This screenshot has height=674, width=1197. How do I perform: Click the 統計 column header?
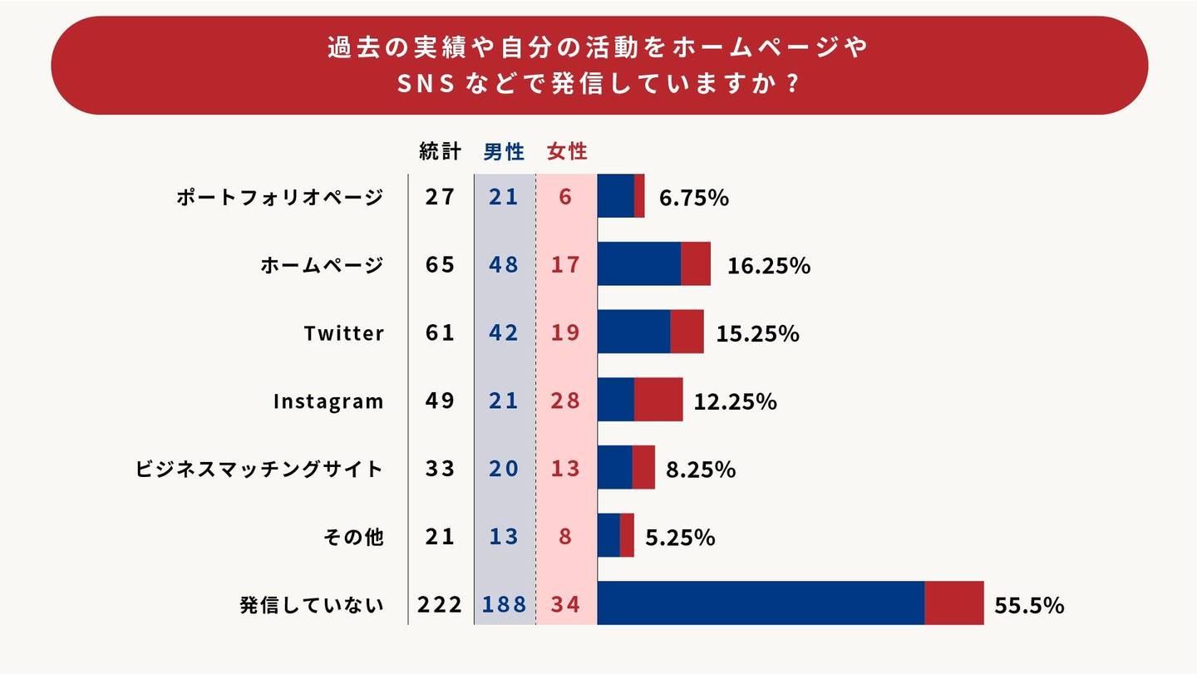(440, 152)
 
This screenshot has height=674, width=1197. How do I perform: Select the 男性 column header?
(505, 152)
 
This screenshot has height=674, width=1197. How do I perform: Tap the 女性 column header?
(567, 152)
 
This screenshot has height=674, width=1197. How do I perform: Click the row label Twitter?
(344, 333)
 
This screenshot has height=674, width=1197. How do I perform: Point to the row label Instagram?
(328, 401)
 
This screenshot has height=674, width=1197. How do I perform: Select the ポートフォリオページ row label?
(280, 198)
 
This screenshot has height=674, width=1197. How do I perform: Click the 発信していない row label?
(312, 605)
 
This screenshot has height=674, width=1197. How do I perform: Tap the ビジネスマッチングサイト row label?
(259, 469)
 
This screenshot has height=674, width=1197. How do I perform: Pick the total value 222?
(440, 604)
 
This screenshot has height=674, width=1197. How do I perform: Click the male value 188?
(505, 604)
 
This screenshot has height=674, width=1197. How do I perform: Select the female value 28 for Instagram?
(566, 401)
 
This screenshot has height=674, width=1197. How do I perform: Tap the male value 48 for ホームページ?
(505, 265)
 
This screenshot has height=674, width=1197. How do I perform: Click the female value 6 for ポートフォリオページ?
(566, 198)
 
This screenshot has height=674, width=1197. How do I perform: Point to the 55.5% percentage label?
(1029, 605)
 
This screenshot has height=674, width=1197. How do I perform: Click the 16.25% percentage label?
(769, 266)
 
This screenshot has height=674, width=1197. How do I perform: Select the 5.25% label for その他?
(680, 537)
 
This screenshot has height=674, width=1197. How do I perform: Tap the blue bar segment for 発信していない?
(761, 603)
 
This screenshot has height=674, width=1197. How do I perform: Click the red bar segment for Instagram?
(658, 400)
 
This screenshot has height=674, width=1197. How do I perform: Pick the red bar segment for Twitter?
(687, 332)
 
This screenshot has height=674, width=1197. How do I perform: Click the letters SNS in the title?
(425, 85)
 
